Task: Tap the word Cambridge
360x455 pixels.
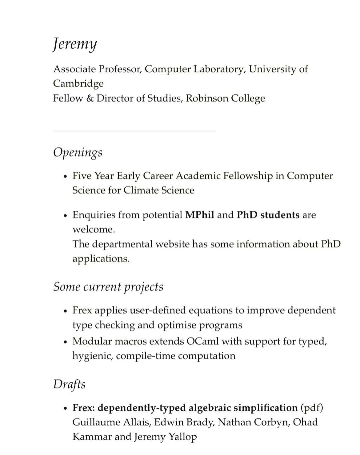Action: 78,83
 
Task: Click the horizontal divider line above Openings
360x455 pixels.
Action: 134,131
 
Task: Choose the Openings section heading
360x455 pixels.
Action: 78,152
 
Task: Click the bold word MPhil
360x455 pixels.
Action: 200,215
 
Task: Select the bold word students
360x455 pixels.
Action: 280,215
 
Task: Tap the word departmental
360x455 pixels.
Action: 124,244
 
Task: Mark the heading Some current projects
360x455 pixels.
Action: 108,287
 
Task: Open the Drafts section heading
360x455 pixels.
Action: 69,384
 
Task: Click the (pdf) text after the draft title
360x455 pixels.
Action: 312,408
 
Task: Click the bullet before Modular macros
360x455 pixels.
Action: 65,342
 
